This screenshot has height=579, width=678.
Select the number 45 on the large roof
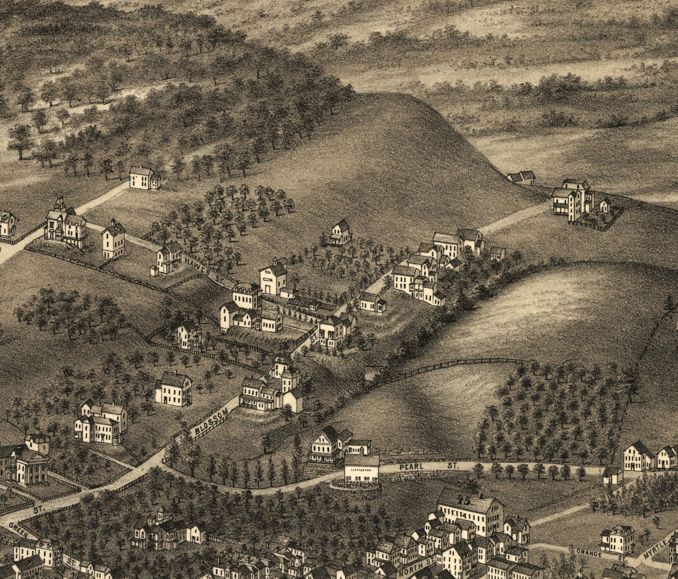(463, 500)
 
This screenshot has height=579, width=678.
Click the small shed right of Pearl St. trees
(613, 476)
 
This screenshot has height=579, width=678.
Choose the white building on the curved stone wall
(362, 470)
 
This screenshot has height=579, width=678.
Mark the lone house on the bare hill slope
(340, 233)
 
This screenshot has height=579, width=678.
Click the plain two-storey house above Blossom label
(174, 389)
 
